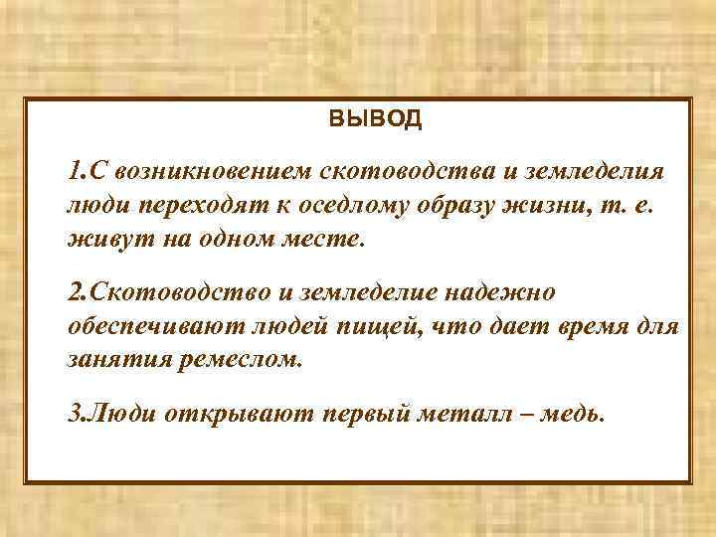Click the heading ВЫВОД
pyautogui.click(x=375, y=120)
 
